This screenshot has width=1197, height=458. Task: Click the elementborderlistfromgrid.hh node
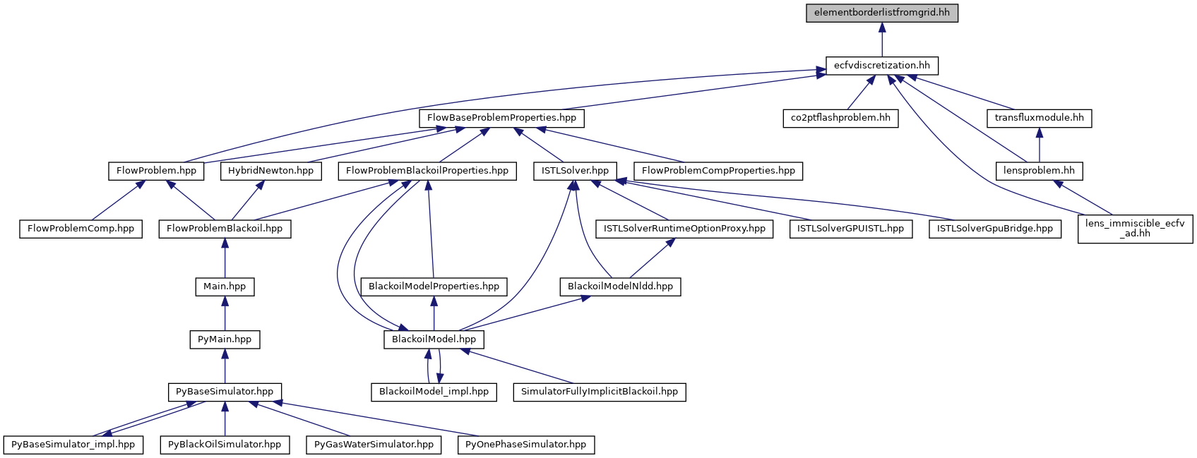coord(882,13)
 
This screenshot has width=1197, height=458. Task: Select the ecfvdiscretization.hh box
coord(882,66)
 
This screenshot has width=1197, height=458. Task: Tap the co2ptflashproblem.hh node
coord(840,118)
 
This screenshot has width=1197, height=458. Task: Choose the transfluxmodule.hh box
coord(1039,118)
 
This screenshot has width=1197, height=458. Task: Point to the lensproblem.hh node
coord(1039,171)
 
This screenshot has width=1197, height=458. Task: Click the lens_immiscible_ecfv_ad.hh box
coord(1135,229)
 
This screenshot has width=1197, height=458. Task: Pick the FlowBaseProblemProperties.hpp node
coord(501,118)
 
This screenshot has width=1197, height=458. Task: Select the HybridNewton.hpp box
coord(271,171)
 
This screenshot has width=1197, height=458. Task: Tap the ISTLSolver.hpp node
coord(575,171)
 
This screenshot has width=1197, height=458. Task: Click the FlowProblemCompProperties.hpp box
coord(718,171)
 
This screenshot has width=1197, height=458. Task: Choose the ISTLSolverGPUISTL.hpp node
coord(850,229)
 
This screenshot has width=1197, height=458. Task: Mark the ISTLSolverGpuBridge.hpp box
coord(994,229)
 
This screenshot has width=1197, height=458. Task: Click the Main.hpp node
coord(225,287)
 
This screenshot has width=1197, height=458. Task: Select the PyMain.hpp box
coord(225,339)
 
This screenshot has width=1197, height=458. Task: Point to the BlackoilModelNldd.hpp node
coord(620,287)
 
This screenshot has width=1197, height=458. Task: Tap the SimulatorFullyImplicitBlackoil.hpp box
coord(599,392)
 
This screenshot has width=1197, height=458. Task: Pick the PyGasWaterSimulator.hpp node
coord(374,445)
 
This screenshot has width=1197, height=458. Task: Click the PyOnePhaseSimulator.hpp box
coord(526,445)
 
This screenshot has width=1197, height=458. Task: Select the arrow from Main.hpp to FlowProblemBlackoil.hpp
coord(225,258)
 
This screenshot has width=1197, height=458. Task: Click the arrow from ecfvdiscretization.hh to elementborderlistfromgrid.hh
coord(882,40)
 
